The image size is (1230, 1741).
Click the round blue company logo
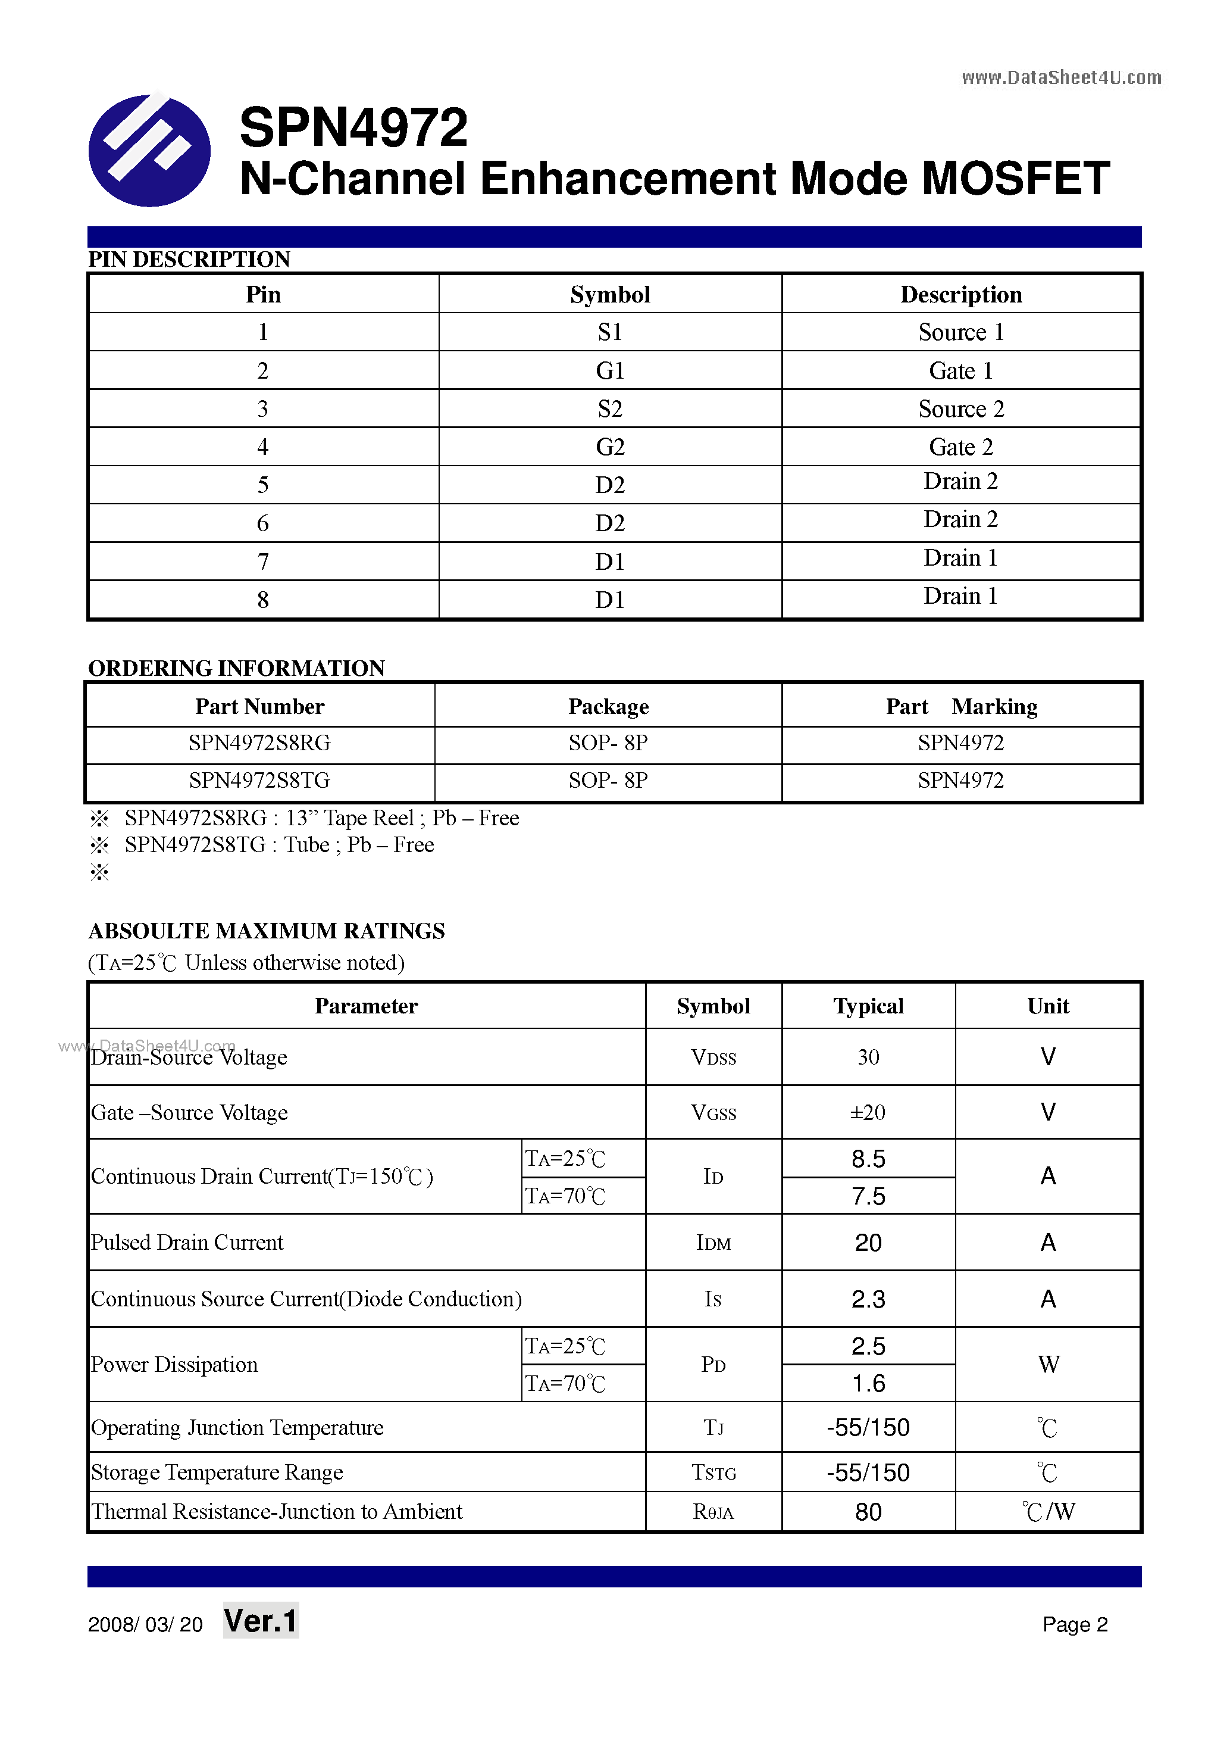[x=149, y=150]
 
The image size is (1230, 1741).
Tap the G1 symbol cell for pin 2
[x=609, y=371]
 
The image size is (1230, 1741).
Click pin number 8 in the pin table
[x=262, y=600]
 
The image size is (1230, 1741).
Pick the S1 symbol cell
[x=609, y=332]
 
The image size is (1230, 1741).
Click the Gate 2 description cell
[x=960, y=447]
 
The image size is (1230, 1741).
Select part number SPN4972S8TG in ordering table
[x=259, y=780]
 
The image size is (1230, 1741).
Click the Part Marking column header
[x=961, y=707]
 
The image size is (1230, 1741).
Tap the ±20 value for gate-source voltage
[x=868, y=1112]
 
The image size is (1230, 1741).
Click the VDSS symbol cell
[x=713, y=1057]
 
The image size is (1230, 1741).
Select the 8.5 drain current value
[x=868, y=1159]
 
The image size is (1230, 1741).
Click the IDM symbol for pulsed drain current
[x=713, y=1243]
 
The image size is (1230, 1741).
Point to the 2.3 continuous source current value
[x=868, y=1300]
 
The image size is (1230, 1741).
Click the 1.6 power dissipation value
[x=868, y=1384]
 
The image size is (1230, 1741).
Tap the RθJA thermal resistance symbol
[x=713, y=1512]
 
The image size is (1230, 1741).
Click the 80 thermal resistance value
[x=868, y=1512]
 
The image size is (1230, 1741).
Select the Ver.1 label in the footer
[x=261, y=1621]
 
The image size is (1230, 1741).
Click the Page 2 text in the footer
[x=1075, y=1624]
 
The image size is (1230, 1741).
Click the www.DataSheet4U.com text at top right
[x=1061, y=77]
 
